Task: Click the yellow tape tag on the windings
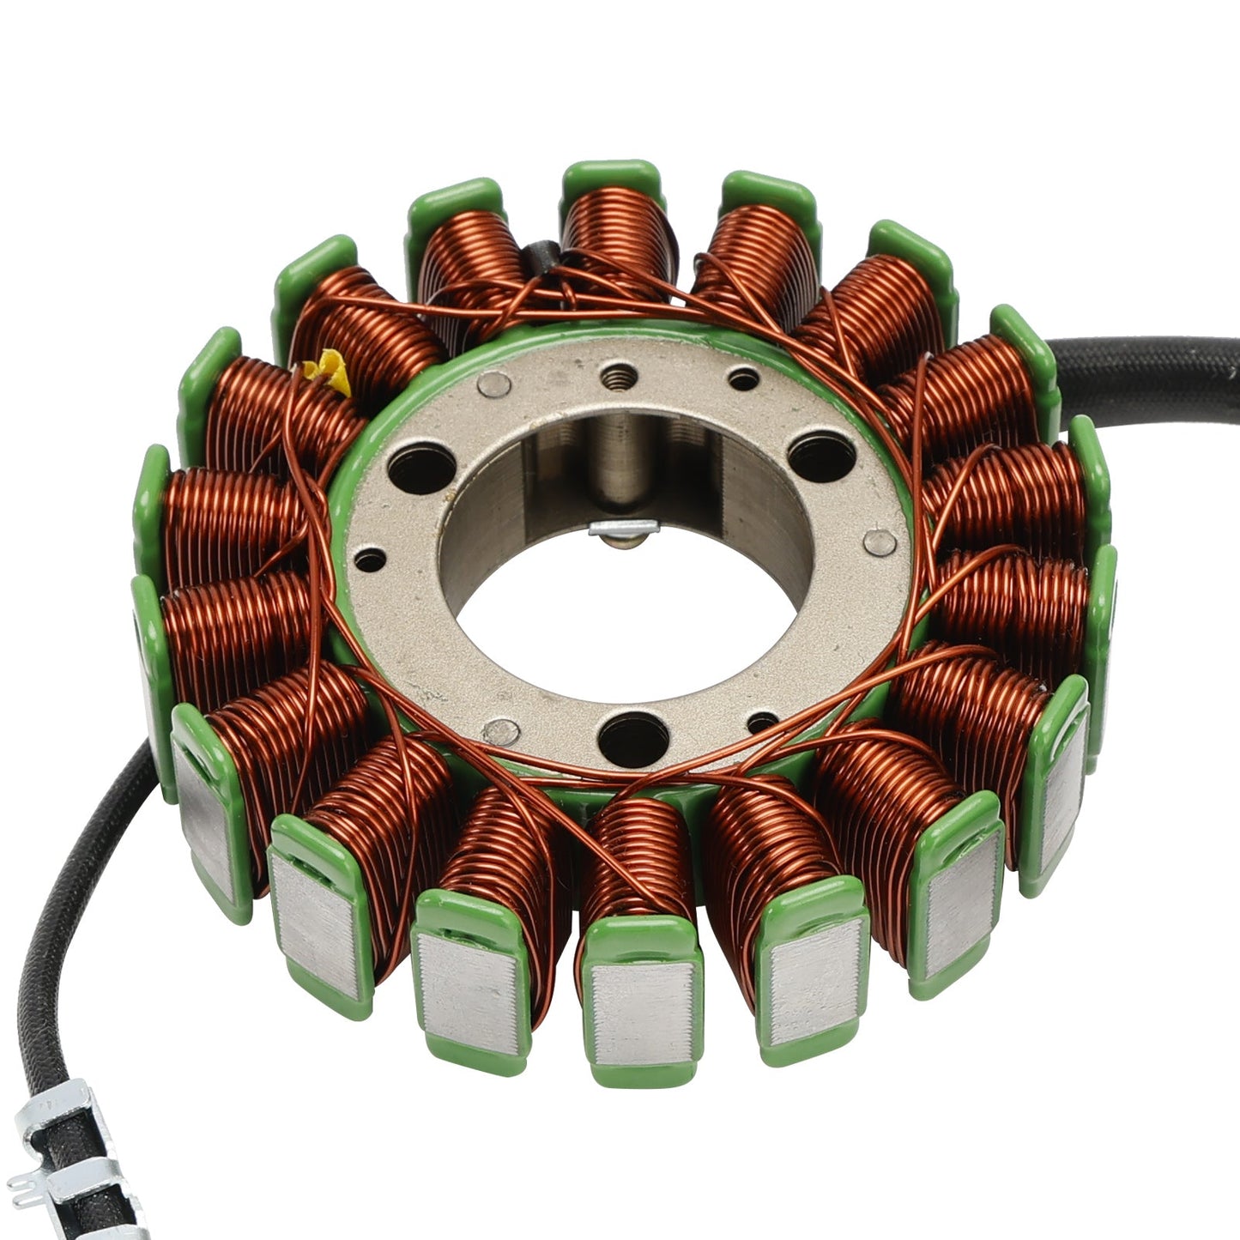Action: [327, 374]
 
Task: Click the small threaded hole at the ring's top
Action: [616, 375]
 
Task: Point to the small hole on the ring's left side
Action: [369, 562]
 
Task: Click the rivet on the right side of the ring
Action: [880, 541]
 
